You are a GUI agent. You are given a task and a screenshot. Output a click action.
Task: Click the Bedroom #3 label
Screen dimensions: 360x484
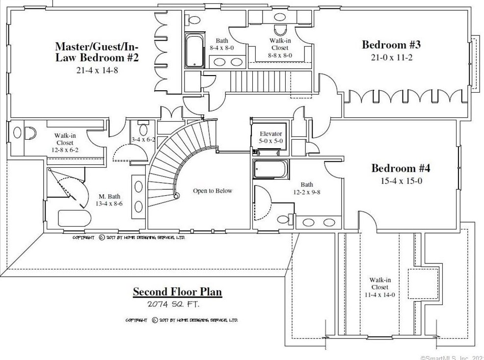tap(391, 45)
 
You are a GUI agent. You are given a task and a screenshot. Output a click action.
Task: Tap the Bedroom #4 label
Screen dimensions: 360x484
tap(401, 169)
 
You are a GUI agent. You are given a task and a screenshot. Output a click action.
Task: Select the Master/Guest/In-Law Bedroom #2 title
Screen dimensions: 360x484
tap(97, 52)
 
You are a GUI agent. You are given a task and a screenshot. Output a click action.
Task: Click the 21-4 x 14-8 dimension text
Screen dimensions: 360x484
tap(97, 71)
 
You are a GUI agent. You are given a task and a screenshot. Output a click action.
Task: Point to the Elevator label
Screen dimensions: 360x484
tap(270, 134)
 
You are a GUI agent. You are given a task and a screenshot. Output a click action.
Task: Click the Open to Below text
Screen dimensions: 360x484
tap(212, 191)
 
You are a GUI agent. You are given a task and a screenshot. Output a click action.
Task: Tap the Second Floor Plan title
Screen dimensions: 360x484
tap(177, 292)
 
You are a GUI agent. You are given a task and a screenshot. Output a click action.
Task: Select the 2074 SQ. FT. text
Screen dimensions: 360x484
tap(173, 304)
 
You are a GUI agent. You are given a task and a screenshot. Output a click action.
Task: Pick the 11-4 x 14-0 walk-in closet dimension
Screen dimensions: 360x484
tap(379, 295)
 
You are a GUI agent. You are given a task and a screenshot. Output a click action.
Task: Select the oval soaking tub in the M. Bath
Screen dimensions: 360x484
tap(74, 219)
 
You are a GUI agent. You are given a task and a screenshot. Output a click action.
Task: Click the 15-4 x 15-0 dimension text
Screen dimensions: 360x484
tap(401, 181)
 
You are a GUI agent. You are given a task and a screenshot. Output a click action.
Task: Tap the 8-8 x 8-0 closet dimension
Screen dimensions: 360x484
tap(280, 55)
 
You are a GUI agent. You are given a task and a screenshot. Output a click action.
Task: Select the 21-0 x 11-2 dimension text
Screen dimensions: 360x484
tap(391, 57)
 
